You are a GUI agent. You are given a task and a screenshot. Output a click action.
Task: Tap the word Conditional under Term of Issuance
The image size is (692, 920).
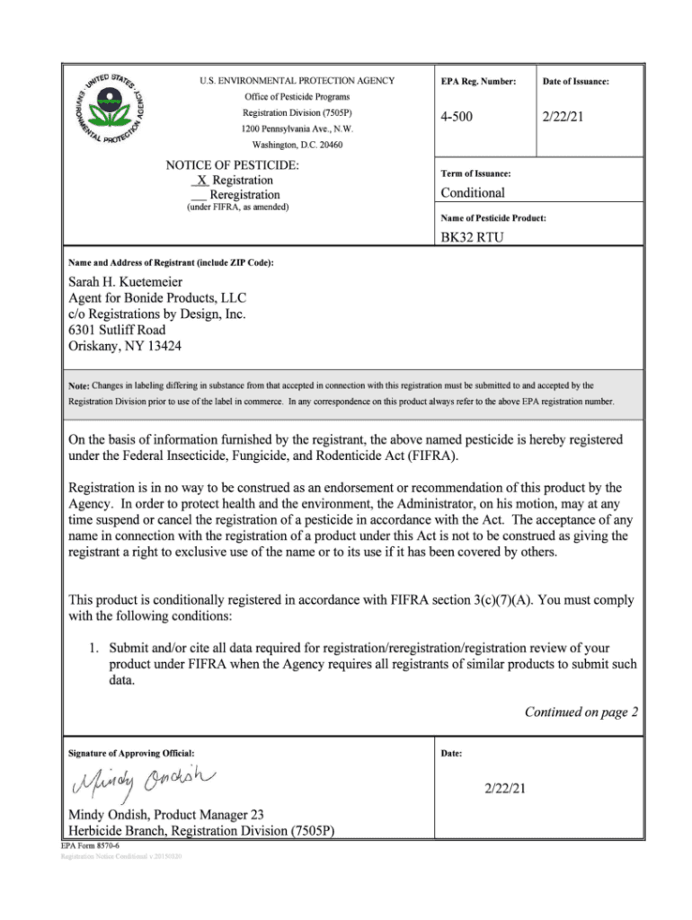[473, 192]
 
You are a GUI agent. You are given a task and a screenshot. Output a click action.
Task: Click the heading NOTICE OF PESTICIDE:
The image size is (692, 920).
[233, 165]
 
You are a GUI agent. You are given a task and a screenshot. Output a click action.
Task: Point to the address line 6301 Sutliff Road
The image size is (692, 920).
[129, 330]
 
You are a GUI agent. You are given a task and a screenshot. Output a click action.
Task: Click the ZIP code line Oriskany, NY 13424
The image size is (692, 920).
[130, 346]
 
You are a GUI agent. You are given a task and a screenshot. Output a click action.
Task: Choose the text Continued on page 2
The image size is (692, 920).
[581, 712]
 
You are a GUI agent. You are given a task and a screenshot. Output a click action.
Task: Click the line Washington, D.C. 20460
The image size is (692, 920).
[297, 145]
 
